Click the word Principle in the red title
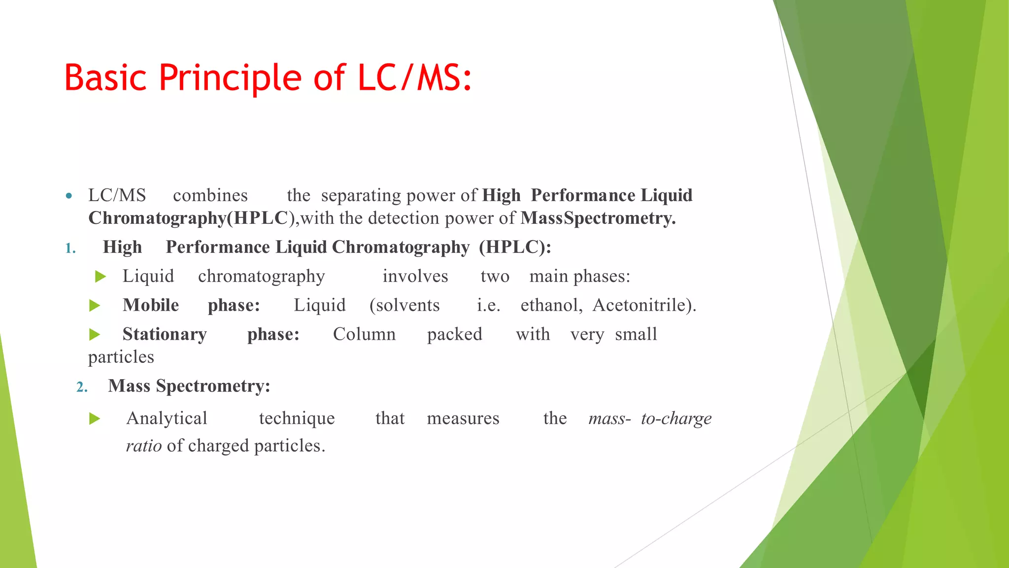tap(230, 78)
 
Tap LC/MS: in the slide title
tap(415, 78)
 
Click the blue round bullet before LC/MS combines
tap(69, 196)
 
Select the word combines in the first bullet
tap(210, 196)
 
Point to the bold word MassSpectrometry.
tap(598, 218)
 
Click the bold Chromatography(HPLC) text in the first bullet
tap(188, 218)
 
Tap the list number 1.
tap(70, 248)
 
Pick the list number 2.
tap(82, 387)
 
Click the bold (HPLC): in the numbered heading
tap(515, 247)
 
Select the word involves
tap(415, 276)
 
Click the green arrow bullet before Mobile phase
tap(95, 306)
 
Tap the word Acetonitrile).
tap(644, 305)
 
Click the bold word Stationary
tap(165, 334)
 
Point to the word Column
tap(364, 334)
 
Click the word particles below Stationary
tap(121, 357)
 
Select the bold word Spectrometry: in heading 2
tap(213, 386)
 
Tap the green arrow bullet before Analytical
tap(95, 419)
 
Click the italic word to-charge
tap(676, 419)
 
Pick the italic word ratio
tap(144, 446)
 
